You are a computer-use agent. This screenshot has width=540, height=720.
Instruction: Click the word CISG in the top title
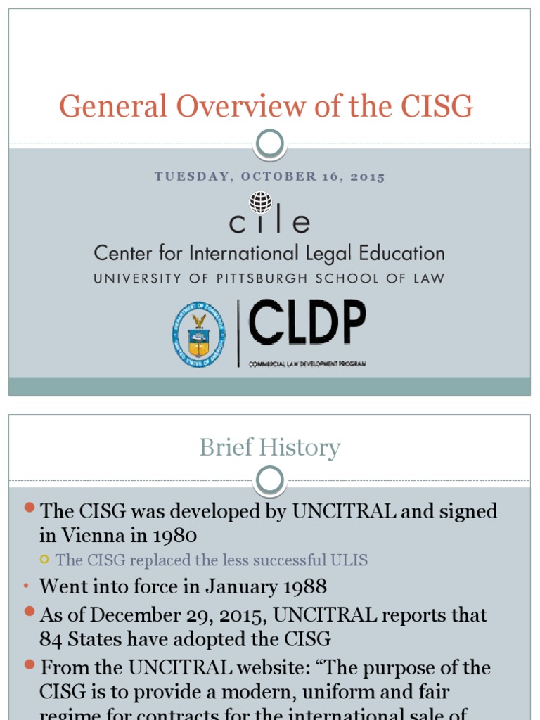pos(437,107)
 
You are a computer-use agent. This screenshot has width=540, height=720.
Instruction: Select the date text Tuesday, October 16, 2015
pos(270,177)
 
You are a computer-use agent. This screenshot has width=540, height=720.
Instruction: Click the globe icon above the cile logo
pos(261,201)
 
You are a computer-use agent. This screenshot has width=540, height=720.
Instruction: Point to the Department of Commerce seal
pos(199,334)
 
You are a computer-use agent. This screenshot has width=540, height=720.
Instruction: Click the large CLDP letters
pos(307,323)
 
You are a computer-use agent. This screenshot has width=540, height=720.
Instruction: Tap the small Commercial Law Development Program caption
pos(307,364)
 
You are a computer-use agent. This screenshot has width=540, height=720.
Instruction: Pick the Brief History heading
pos(270,447)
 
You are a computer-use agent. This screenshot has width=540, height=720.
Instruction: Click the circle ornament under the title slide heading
pos(270,144)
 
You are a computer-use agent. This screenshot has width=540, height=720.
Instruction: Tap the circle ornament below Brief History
pos(270,481)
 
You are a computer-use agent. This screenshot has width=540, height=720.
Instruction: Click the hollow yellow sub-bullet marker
pos(44,560)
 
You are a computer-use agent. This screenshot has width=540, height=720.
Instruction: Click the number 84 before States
pos(51,639)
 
